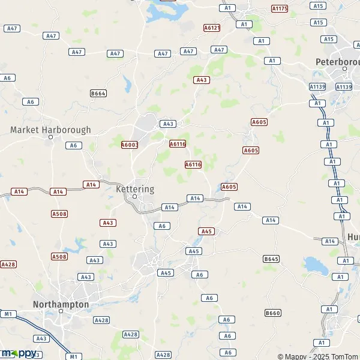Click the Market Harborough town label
51,130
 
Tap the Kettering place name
134,189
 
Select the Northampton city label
62,304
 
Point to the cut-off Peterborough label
337,62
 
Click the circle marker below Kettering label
135,196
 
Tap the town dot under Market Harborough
51,137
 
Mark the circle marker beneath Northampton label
61,311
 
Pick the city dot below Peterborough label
345,68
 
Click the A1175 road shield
280,9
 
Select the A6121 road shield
212,28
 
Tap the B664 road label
98,93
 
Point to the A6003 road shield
130,145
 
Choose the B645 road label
271,259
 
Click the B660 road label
273,313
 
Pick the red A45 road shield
206,231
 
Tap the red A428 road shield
8,264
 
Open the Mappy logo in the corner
18,353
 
